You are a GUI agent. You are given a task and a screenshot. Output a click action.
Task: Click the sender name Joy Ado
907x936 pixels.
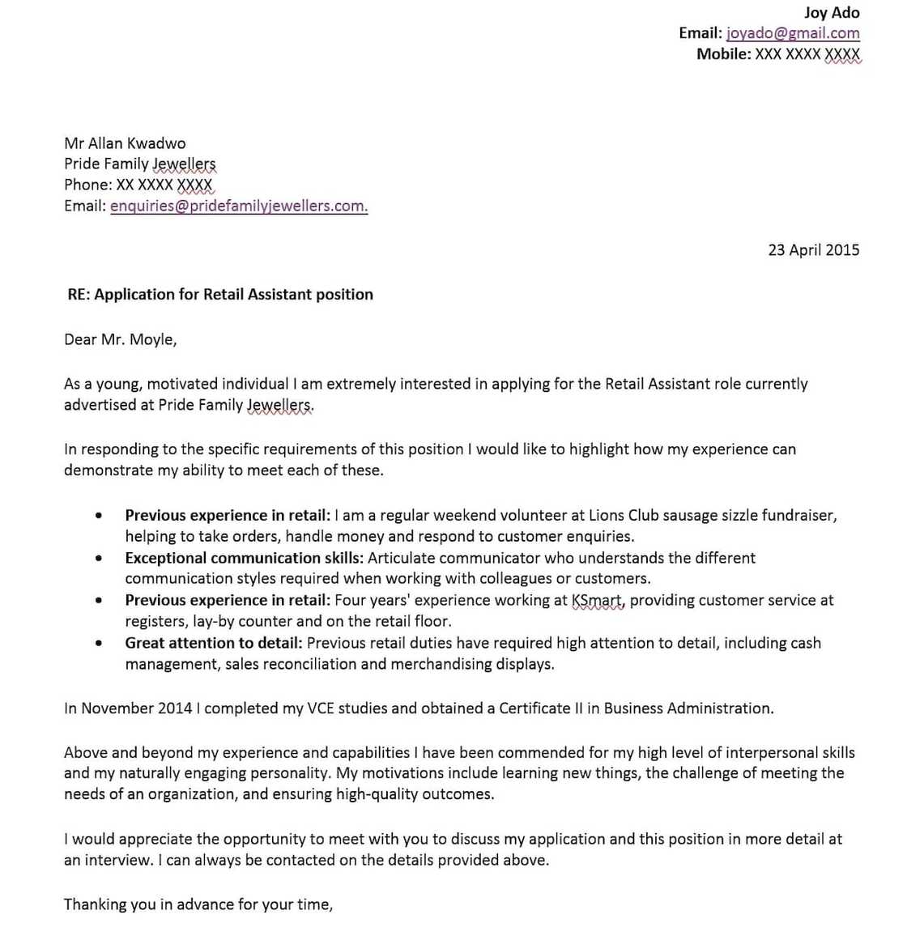831,12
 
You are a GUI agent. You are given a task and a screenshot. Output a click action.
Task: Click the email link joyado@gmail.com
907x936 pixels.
793,33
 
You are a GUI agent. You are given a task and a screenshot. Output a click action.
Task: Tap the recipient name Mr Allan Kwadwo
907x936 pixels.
125,143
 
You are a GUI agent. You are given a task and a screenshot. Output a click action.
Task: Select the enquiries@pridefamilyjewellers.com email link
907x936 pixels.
239,206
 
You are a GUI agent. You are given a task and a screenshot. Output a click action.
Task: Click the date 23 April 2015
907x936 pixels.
813,249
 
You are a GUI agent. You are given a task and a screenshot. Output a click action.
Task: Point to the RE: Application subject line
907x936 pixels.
220,295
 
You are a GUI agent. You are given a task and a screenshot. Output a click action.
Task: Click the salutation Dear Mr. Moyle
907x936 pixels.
120,339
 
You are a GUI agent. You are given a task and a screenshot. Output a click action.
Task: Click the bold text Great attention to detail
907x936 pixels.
214,643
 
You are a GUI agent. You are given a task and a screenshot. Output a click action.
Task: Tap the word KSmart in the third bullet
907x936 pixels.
598,601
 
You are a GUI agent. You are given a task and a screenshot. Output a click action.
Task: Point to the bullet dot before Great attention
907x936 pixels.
99,644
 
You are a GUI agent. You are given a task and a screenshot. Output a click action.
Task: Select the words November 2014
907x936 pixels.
136,708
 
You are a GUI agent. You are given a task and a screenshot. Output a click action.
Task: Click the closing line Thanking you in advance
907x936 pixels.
198,904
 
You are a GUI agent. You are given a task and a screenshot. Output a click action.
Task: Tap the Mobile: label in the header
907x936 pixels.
723,54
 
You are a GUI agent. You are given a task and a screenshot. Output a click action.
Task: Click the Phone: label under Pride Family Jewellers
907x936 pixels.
87,185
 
